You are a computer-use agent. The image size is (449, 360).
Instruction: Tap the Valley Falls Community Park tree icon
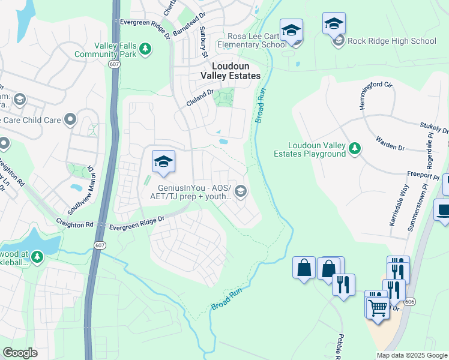tap(145, 48)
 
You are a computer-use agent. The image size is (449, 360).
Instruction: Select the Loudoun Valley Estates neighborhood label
tap(235, 71)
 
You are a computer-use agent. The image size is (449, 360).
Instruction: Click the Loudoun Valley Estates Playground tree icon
tap(355, 148)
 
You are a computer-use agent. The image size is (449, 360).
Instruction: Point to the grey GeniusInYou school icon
tap(241, 191)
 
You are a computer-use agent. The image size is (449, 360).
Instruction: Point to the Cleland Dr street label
tap(200, 98)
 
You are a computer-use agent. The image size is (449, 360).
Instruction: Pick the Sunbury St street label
tap(203, 37)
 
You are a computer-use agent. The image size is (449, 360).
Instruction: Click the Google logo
tap(20, 353)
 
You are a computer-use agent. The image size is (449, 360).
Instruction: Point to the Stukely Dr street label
tap(436, 129)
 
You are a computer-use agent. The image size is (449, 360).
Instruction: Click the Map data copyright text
tap(411, 355)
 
